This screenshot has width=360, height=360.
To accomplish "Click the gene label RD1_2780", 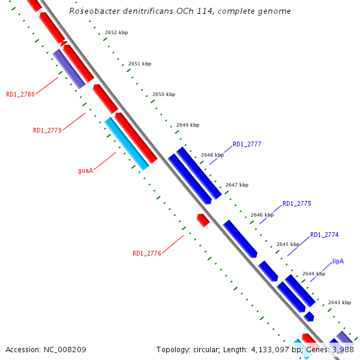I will (20, 94).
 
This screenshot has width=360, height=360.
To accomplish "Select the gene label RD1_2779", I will (47, 130).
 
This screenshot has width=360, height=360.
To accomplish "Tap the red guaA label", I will (86, 170).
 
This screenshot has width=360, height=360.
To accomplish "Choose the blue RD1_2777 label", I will (247, 144).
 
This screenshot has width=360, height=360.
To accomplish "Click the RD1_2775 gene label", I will (297, 204).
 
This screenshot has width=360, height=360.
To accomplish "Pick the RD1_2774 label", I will (325, 235).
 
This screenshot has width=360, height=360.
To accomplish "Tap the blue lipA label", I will (338, 262).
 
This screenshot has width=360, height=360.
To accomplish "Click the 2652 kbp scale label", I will (116, 32).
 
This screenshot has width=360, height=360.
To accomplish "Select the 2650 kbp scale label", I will (164, 94).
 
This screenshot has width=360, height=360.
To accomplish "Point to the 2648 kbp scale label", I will (212, 155).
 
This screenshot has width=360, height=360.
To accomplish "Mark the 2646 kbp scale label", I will (262, 215).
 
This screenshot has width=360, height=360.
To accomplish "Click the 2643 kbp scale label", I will (339, 302).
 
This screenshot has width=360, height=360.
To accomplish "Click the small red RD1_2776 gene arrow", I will (203, 220).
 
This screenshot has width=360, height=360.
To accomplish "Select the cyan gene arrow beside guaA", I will (127, 143).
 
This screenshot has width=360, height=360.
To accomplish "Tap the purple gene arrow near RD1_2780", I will (69, 69).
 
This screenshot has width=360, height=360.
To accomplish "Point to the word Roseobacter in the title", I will (94, 11).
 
